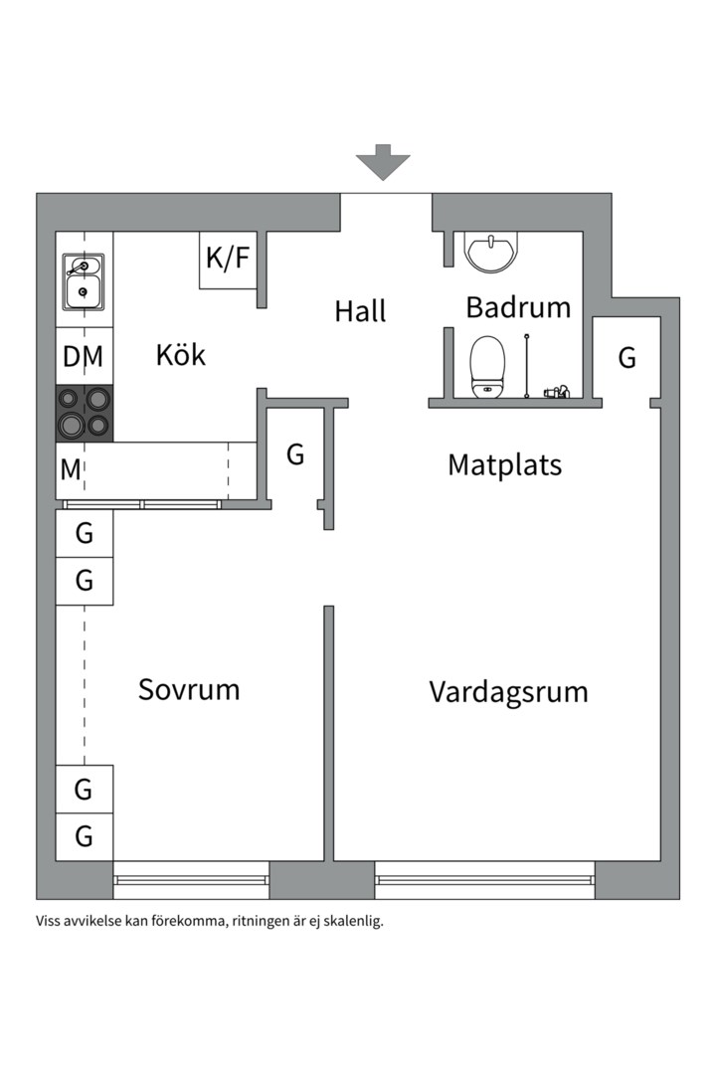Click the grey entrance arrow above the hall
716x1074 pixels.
383,161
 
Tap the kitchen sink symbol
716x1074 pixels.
84,280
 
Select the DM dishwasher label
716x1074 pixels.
84,356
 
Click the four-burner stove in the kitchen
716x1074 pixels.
84,413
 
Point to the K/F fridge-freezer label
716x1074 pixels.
228,259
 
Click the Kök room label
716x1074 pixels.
180,354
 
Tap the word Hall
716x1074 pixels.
359,311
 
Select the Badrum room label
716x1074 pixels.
518,307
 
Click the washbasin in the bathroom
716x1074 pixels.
490,252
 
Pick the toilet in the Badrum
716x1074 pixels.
487,364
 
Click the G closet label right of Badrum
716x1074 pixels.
626,358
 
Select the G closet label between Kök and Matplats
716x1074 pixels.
294,455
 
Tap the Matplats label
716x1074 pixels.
504,464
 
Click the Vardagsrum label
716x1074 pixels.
508,691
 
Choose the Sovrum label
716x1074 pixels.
189,689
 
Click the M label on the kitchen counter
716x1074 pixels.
70,469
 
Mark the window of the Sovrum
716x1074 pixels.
191,880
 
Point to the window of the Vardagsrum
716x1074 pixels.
484,880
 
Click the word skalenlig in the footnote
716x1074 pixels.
347,921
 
